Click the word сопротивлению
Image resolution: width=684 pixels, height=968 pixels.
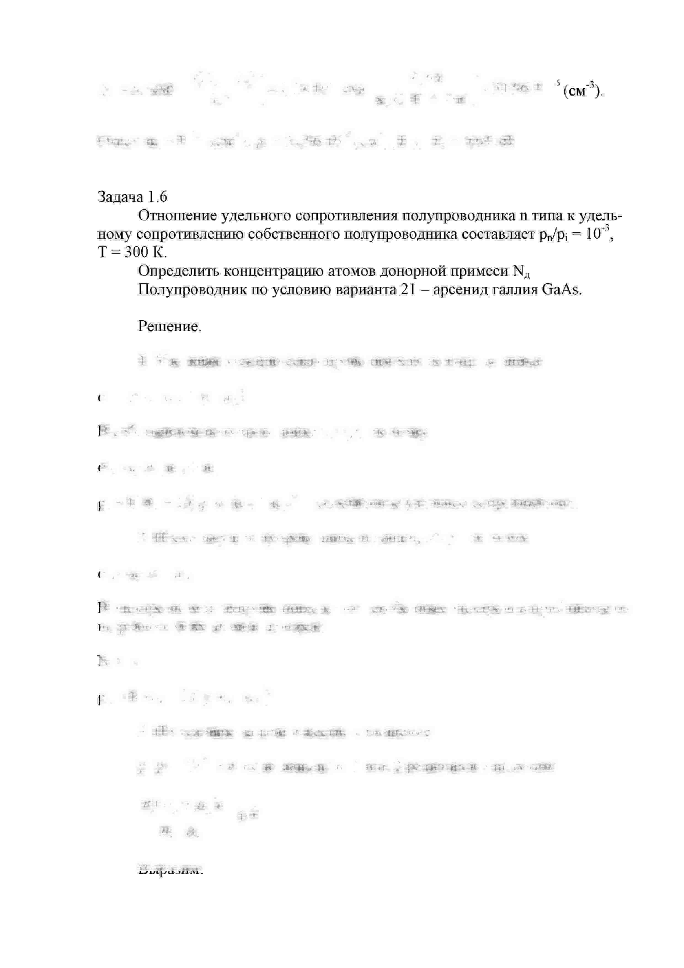[x=190, y=234]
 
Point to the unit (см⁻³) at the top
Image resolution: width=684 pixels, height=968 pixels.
[x=583, y=91]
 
